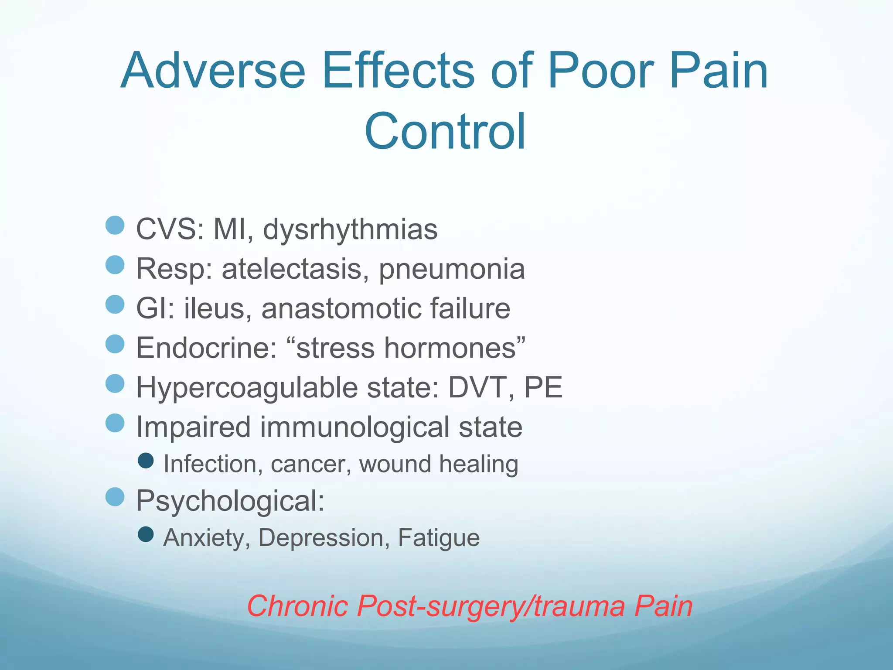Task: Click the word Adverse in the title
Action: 213,71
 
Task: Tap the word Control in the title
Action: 445,131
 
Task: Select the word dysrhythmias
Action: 350,229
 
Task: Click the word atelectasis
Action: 292,269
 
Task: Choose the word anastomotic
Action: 341,308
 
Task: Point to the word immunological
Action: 354,427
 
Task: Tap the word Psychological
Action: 230,501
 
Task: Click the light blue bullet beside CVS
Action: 115,225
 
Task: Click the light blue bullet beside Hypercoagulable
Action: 115,383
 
